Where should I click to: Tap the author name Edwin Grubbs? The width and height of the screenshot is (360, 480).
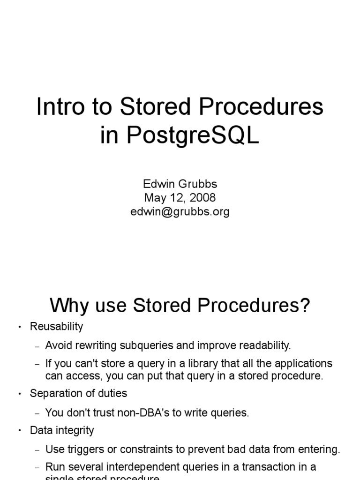pos(180,184)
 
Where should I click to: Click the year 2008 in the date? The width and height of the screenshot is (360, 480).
pos(202,198)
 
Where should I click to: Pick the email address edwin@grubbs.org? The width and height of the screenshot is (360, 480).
pos(180,211)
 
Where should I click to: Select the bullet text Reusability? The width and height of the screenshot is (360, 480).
pos(56,326)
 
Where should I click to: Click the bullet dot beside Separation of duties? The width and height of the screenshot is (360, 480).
pos(19,394)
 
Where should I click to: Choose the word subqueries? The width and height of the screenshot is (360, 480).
pos(148,346)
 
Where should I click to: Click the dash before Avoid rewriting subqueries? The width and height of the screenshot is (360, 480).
pos(37,346)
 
